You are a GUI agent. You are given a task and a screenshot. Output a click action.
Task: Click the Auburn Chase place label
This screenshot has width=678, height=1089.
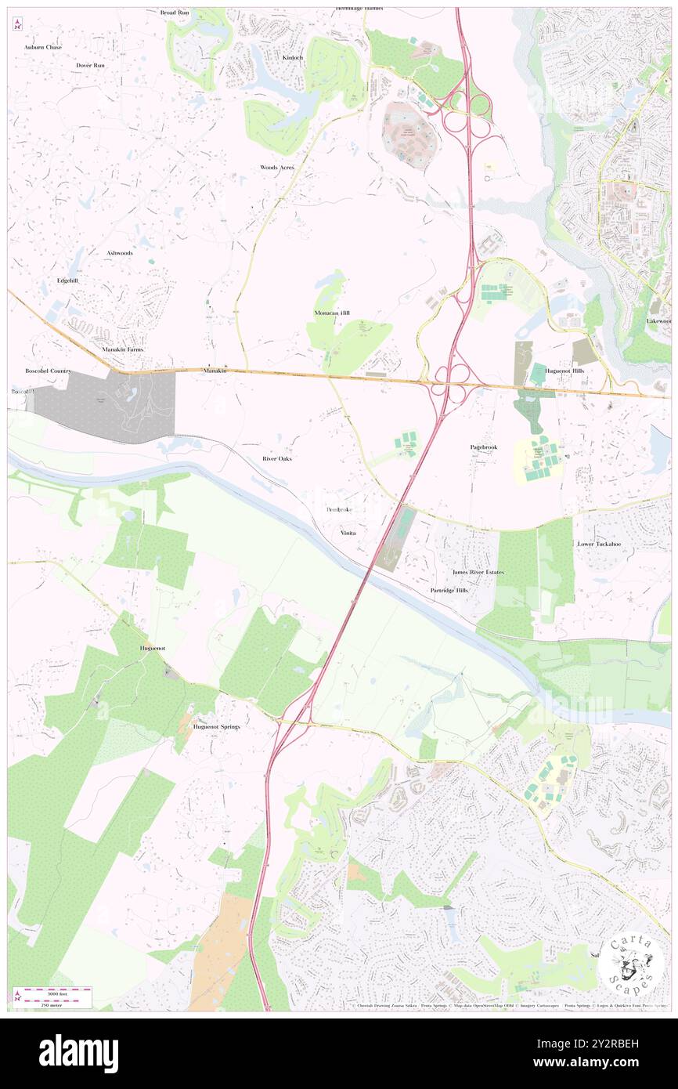tap(42, 47)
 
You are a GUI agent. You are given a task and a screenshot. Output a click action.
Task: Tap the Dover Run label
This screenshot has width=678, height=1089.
tap(90, 65)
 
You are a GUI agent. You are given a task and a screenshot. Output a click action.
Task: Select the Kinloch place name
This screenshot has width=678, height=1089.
tap(292, 58)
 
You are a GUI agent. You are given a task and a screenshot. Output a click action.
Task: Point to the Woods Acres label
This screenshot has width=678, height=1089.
tap(277, 168)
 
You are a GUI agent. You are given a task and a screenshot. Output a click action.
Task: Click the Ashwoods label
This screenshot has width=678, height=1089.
tap(120, 253)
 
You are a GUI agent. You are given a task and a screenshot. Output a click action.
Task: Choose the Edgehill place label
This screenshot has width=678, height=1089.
tap(67, 280)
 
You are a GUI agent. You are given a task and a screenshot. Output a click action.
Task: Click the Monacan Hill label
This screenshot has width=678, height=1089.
tap(332, 313)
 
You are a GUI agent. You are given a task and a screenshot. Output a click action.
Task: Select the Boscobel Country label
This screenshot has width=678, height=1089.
tap(49, 371)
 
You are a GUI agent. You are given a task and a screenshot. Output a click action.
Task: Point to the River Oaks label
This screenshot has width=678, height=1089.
tap(277, 458)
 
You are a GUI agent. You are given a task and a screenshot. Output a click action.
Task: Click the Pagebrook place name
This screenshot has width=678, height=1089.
tap(484, 447)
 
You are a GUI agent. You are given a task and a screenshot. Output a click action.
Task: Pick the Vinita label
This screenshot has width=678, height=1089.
tap(348, 533)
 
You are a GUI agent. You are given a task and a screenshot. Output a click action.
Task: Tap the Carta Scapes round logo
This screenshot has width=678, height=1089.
tap(632, 964)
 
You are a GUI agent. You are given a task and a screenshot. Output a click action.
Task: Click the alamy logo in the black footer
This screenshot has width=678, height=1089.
tap(78, 1053)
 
